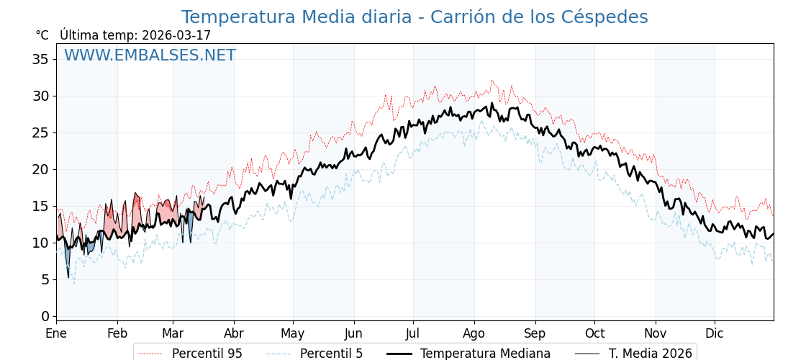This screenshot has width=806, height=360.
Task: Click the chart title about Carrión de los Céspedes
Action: pyautogui.click(x=415, y=17)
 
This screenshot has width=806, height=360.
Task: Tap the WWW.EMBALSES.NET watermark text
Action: pyautogui.click(x=150, y=55)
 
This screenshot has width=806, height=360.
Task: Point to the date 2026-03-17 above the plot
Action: pyautogui.click(x=176, y=35)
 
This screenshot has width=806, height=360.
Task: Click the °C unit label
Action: pyautogui.click(x=42, y=35)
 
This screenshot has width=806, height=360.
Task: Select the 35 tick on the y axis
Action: pyautogui.click(x=40, y=59)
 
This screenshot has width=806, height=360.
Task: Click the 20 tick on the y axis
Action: pyautogui.click(x=40, y=169)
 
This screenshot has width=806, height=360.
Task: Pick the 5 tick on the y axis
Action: pyautogui.click(x=45, y=279)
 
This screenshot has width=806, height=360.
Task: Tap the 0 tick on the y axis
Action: pyautogui.click(x=45, y=316)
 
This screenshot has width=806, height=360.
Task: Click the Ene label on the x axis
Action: pyautogui.click(x=56, y=334)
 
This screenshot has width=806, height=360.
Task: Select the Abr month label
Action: pyautogui.click(x=234, y=334)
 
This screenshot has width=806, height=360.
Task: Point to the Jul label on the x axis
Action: pyautogui.click(x=413, y=334)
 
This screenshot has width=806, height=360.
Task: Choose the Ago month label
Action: pyautogui.click(x=474, y=334)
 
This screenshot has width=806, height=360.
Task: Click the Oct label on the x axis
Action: pyautogui.click(x=594, y=334)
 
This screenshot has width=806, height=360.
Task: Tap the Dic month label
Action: pyautogui.click(x=715, y=334)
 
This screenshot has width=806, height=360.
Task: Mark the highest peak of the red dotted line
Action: pyautogui.click(x=492, y=80)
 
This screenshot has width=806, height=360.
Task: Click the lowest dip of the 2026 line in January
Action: pyautogui.click(x=68, y=277)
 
